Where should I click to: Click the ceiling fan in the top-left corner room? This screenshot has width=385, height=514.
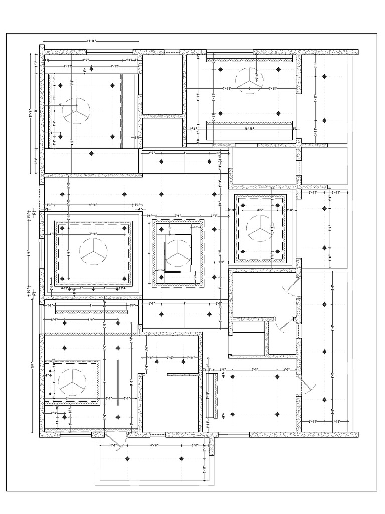coord(77,111)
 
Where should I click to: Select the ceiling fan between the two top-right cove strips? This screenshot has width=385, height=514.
coord(249,81)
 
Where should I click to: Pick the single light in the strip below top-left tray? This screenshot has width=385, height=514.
coord(91,153)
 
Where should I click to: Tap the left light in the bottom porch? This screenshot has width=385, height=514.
coord(128,459)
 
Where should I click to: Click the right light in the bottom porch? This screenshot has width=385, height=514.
coord(182,459)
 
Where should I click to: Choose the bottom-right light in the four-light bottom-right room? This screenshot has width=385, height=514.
coord(276,414)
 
